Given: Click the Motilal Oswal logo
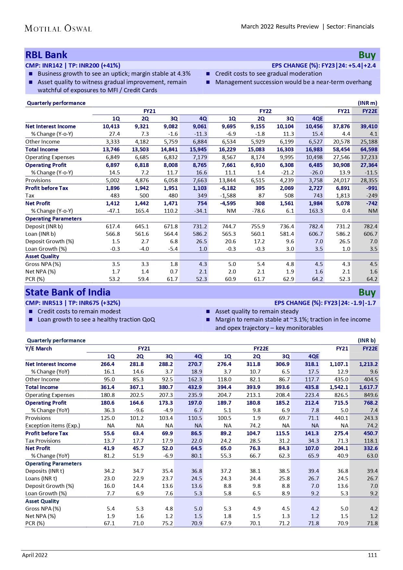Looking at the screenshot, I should point(58,29).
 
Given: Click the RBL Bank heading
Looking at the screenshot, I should point(46,55).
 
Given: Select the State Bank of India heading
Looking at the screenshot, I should point(68,292).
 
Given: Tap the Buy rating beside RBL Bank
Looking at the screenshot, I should point(367,55).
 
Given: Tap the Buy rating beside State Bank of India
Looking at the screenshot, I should point(367,293).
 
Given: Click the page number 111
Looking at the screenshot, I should point(372,555).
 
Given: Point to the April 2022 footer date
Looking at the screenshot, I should point(35,555).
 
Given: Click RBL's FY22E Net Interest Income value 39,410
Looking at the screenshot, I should point(369,126).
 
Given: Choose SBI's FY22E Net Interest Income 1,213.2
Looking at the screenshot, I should point(368,364).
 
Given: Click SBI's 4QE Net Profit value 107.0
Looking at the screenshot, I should point(312,448).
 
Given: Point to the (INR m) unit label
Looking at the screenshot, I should point(368,103).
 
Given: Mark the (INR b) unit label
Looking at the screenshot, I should point(367,340).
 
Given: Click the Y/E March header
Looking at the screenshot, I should point(39,348).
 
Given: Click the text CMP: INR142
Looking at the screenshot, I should point(44,66).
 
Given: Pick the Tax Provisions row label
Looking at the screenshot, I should point(43,441).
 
